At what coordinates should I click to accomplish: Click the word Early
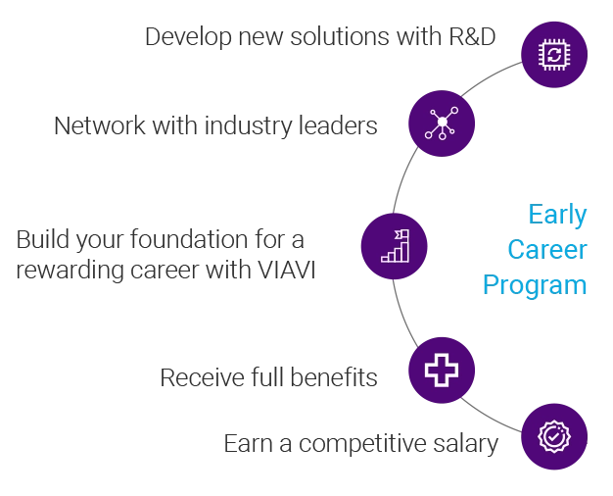pos(556,215)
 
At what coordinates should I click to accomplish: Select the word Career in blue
pos(546,250)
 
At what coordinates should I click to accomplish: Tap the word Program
pos(534,285)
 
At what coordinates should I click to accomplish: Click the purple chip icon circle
pos(554,55)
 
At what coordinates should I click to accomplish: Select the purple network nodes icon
pos(442,124)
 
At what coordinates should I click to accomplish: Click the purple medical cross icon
pos(442,370)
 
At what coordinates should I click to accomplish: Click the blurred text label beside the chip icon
pos(321,37)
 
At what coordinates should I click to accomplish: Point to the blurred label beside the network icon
pos(216,126)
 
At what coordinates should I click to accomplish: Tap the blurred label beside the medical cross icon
pos(269,378)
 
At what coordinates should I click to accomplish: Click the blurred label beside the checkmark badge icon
pos(359,443)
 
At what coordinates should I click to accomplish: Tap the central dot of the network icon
pos(442,123)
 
